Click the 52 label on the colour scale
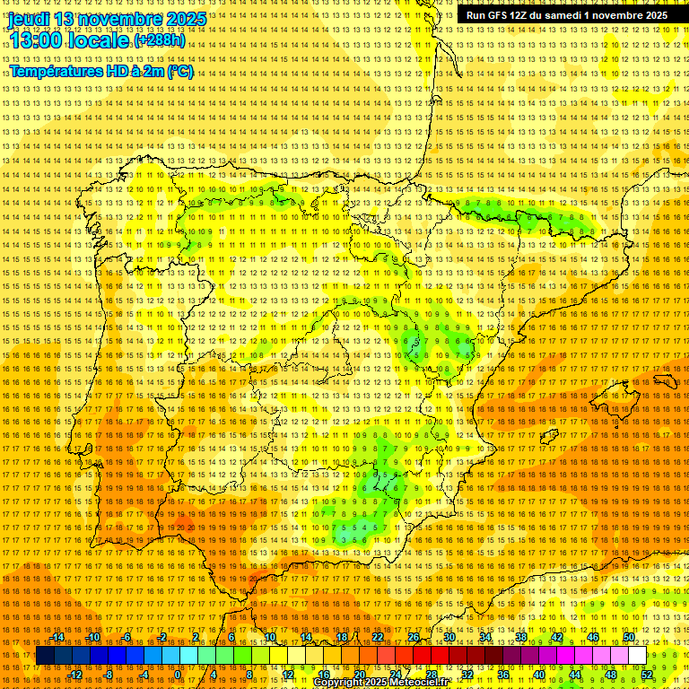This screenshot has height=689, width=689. coord(647,675)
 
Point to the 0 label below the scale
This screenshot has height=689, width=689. coord(178,675)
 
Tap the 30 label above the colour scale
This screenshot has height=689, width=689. coord(449,637)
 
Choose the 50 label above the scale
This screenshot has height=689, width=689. coord(629,637)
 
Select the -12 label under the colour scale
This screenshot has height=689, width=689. coord(75,675)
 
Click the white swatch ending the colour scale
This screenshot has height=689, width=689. coord(638,656)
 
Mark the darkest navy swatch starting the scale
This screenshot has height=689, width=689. coord(45,656)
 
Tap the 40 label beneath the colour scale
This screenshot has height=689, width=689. coord(538,675)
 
